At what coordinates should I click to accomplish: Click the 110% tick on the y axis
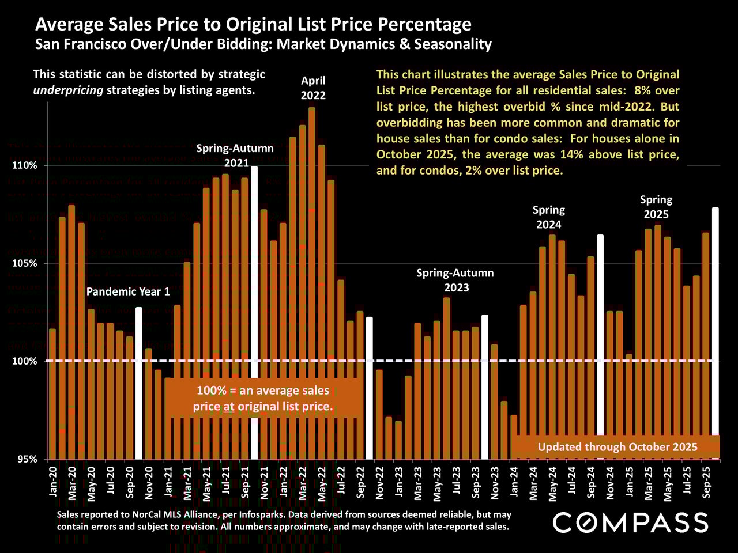25,166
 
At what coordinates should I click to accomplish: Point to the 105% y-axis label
25,264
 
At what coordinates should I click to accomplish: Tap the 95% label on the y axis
27,459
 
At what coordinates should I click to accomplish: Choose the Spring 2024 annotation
548,217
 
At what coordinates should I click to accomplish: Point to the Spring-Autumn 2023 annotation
455,280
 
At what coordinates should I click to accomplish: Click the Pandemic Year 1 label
128,291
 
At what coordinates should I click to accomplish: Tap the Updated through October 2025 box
617,447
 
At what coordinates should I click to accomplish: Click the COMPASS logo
630,522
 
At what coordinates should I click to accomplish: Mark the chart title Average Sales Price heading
253,24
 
